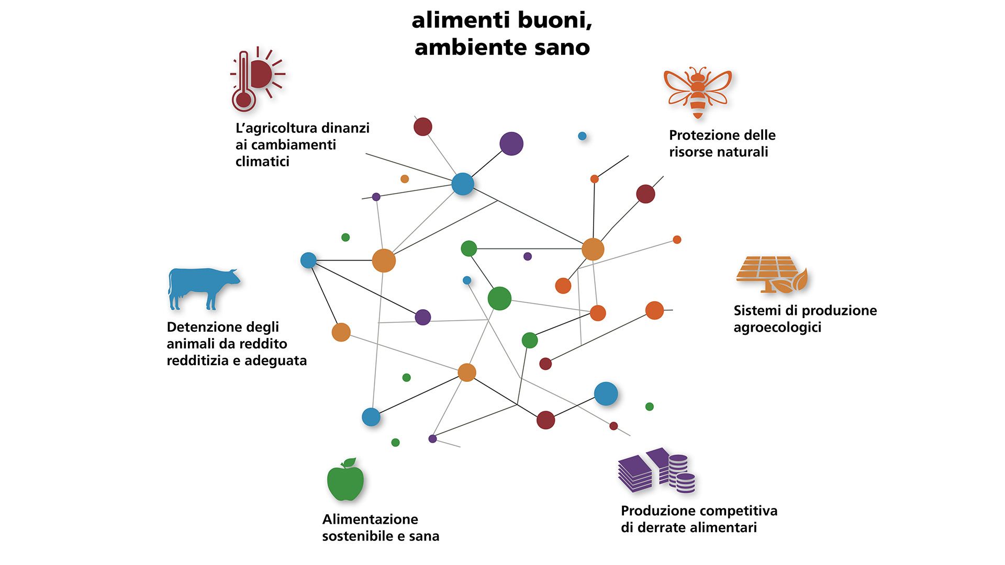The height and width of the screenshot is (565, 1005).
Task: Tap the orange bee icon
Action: pyautogui.click(x=698, y=92)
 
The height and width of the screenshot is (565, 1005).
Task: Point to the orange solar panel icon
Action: pyautogui.click(x=772, y=273)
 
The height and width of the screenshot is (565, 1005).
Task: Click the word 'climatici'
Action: pyautogui.click(x=262, y=162)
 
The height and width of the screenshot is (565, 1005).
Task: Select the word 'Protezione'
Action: pyautogui.click(x=700, y=135)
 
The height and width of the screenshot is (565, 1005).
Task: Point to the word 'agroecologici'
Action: pyautogui.click(x=777, y=328)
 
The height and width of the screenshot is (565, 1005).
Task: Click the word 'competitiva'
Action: pyautogui.click(x=740, y=511)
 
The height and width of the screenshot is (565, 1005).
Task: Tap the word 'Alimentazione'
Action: pyautogui.click(x=370, y=519)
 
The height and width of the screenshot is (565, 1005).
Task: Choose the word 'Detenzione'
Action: pyautogui.click(x=204, y=327)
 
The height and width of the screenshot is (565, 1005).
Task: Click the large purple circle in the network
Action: pyautogui.click(x=511, y=144)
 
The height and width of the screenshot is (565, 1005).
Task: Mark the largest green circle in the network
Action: pyautogui.click(x=499, y=298)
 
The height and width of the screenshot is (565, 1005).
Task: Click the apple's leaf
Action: pyautogui.click(x=349, y=462)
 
